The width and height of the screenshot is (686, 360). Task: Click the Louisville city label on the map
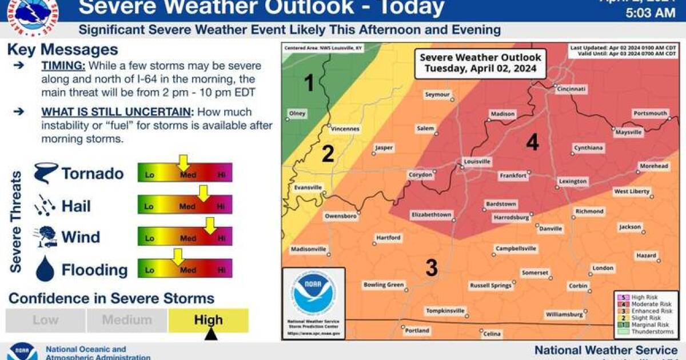477,162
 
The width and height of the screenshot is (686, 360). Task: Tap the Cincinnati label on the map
571,89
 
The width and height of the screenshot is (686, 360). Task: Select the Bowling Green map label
384,285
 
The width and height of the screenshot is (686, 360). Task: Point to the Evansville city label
304,187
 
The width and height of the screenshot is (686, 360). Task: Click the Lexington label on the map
573,181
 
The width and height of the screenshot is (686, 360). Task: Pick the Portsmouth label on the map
650,113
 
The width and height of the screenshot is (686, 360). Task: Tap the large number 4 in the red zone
532,142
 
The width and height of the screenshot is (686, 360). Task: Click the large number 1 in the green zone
309,84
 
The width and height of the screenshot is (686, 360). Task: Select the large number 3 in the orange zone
432,267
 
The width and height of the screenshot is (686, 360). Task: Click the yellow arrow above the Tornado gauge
183,162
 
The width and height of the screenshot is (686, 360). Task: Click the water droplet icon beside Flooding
45,269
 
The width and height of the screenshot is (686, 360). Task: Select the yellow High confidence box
208,320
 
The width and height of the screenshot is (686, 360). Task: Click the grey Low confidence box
45,320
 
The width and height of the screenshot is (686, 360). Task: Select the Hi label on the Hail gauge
221,206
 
